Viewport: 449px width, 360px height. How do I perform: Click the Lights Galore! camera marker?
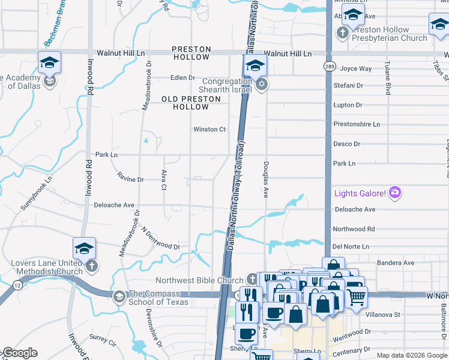[x=395, y=193]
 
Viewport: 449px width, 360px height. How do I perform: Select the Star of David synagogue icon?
[x=261, y=83]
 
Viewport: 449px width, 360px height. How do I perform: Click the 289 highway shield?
[x=329, y=65]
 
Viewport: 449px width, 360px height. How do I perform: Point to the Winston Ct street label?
[x=209, y=129]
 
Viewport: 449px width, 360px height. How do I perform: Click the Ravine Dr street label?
[x=131, y=179]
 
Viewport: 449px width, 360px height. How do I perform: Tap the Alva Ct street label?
[x=164, y=180]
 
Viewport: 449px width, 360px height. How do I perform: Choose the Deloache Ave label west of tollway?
[x=114, y=205]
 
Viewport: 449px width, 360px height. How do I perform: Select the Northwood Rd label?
[x=354, y=229]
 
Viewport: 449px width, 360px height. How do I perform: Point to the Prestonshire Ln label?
[x=357, y=124]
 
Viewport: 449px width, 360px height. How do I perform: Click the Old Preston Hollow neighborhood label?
[x=185, y=102]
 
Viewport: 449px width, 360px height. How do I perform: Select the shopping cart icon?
[x=356, y=296]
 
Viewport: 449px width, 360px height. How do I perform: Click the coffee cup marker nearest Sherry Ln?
[x=246, y=333]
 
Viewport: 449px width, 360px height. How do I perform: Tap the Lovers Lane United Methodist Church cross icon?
[x=91, y=265]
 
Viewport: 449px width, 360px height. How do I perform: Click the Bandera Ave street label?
[x=396, y=263]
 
